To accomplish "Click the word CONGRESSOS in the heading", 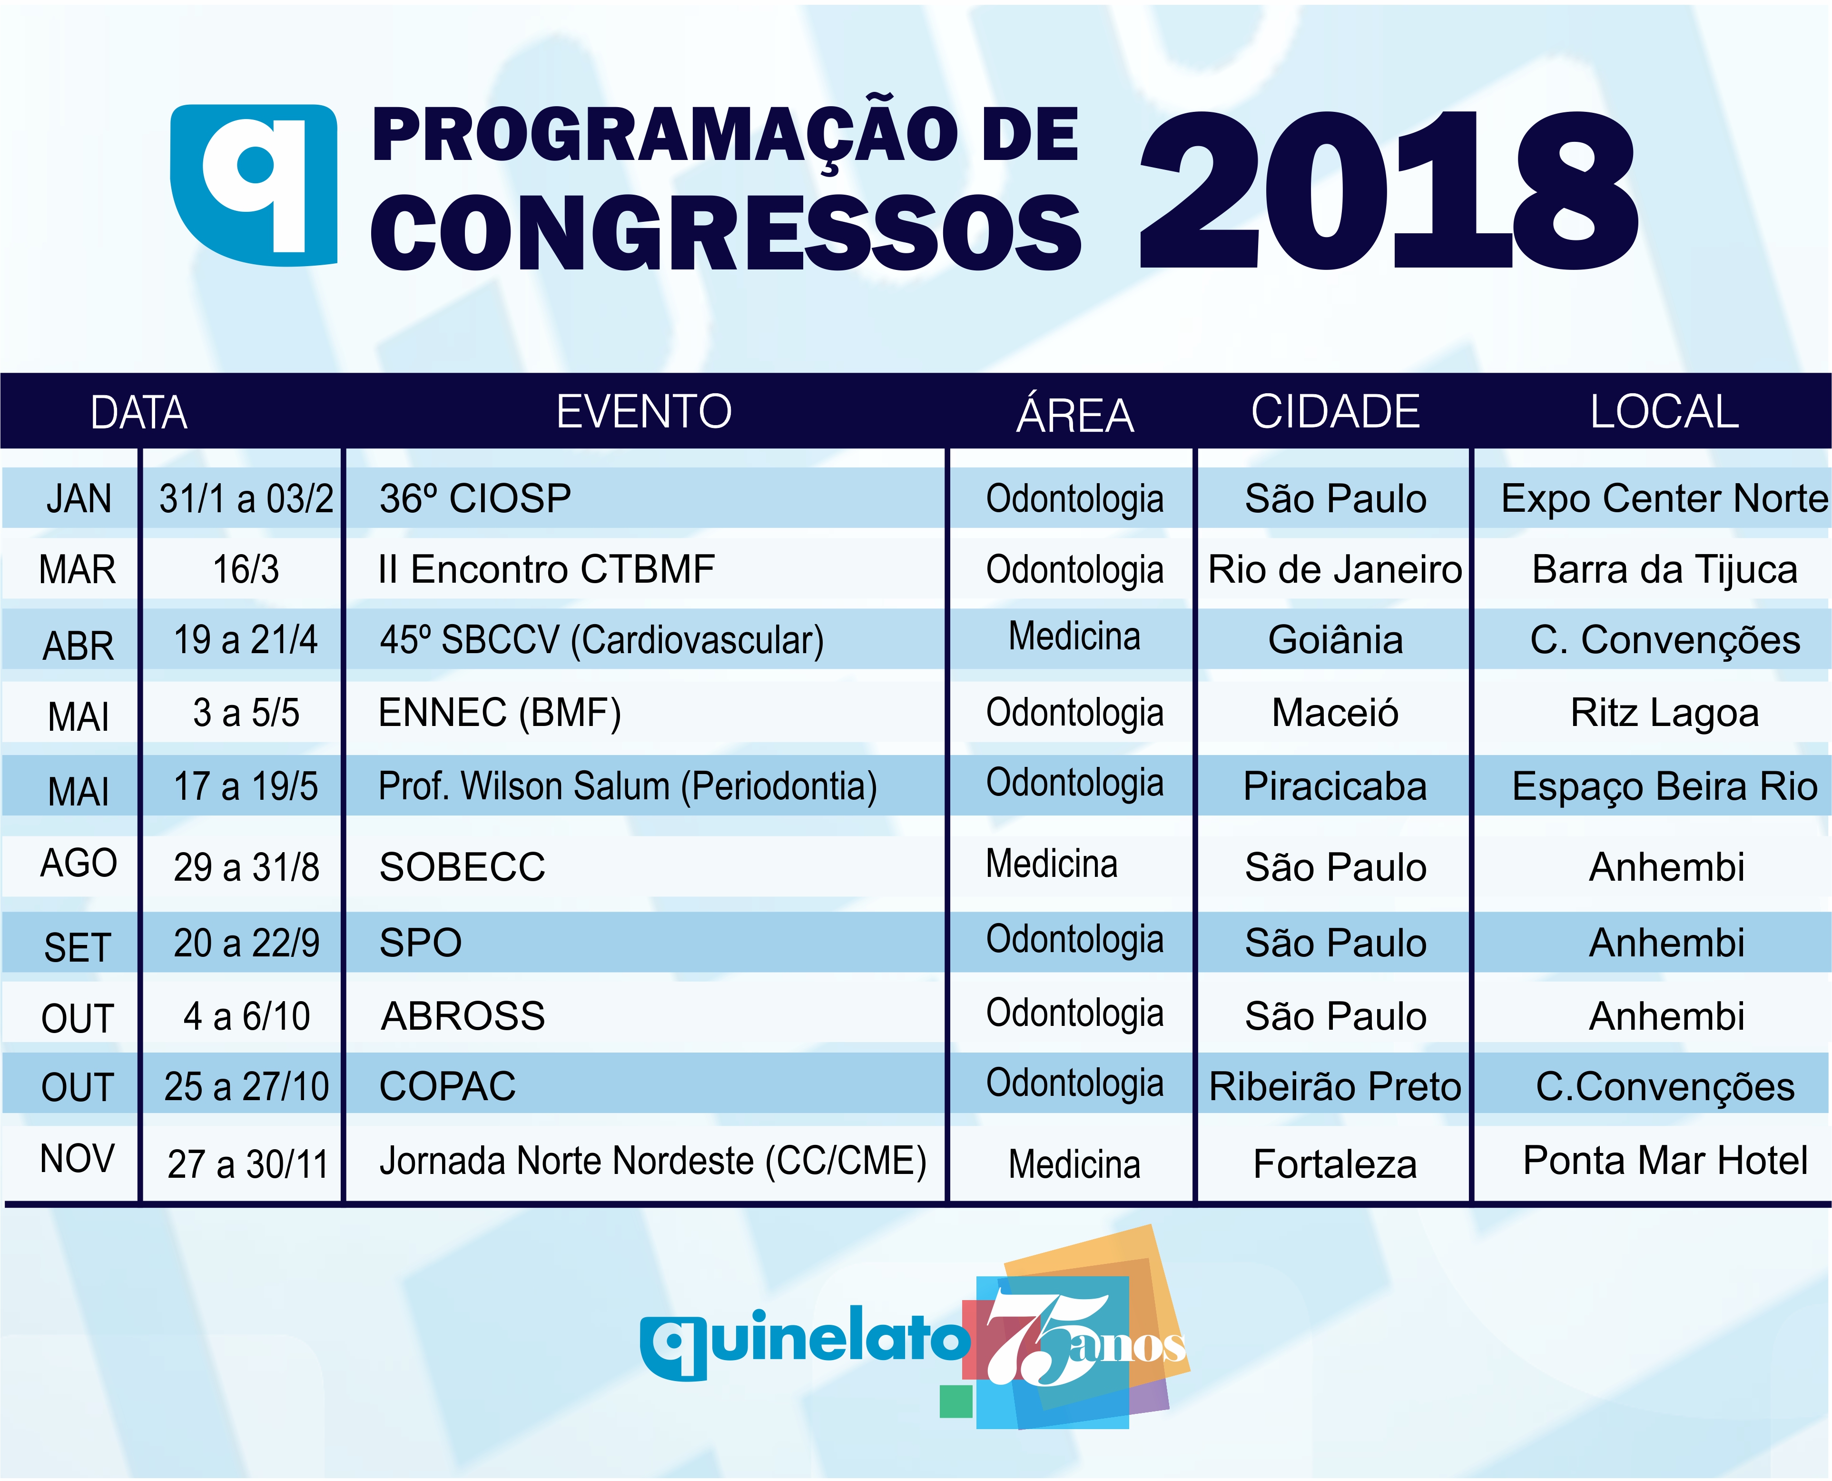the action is (726, 232).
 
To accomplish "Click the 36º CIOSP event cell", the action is (475, 499).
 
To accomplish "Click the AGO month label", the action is (79, 864).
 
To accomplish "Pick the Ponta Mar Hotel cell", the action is (1665, 1160).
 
